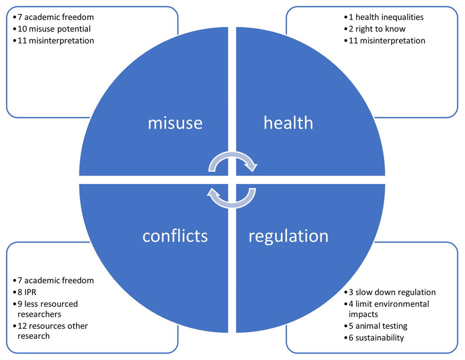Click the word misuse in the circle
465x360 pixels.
coord(175,123)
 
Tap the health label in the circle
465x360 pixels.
coord(288,122)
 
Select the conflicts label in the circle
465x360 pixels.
coord(175,236)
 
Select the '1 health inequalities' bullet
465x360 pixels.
coord(384,17)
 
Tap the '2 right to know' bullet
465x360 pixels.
coord(375,29)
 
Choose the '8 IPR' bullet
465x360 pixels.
coord(25,292)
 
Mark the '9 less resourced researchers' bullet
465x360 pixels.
coord(46,309)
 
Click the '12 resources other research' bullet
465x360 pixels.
coord(50,331)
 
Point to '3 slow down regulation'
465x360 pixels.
coord(390,292)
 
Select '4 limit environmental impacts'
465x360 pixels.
coord(387,309)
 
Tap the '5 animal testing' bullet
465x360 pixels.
coord(376,326)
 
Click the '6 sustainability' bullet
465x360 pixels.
coord(374,338)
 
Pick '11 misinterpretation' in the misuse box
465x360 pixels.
coord(53,40)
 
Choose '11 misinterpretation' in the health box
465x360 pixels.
coord(385,40)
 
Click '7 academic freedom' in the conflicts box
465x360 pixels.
coord(53,280)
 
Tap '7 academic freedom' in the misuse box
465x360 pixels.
coord(53,17)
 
